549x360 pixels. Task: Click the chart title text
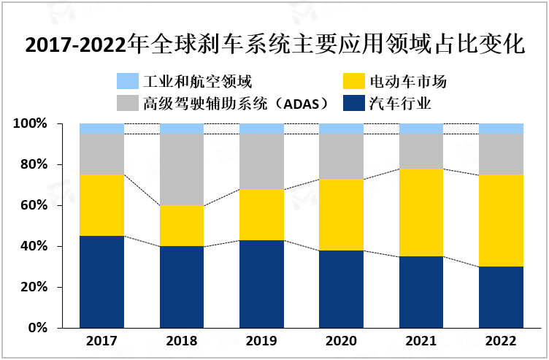click(x=274, y=45)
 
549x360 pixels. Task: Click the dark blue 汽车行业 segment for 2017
click(x=101, y=282)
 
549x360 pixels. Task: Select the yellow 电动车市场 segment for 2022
click(x=501, y=221)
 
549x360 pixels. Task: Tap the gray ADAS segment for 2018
click(x=182, y=169)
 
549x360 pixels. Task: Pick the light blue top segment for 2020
click(x=341, y=129)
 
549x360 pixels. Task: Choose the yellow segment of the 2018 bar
click(x=182, y=226)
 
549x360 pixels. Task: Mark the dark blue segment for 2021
click(x=421, y=292)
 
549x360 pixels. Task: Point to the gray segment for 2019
click(x=261, y=161)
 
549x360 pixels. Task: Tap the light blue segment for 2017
click(x=101, y=129)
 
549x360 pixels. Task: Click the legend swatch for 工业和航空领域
click(x=127, y=81)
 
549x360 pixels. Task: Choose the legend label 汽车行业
click(x=400, y=103)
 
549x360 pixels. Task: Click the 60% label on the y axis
click(x=33, y=206)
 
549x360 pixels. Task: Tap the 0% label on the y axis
click(x=36, y=329)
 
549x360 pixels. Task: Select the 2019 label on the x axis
click(x=261, y=341)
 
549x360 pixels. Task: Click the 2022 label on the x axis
click(x=501, y=341)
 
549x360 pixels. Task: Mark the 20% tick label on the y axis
click(x=33, y=288)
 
